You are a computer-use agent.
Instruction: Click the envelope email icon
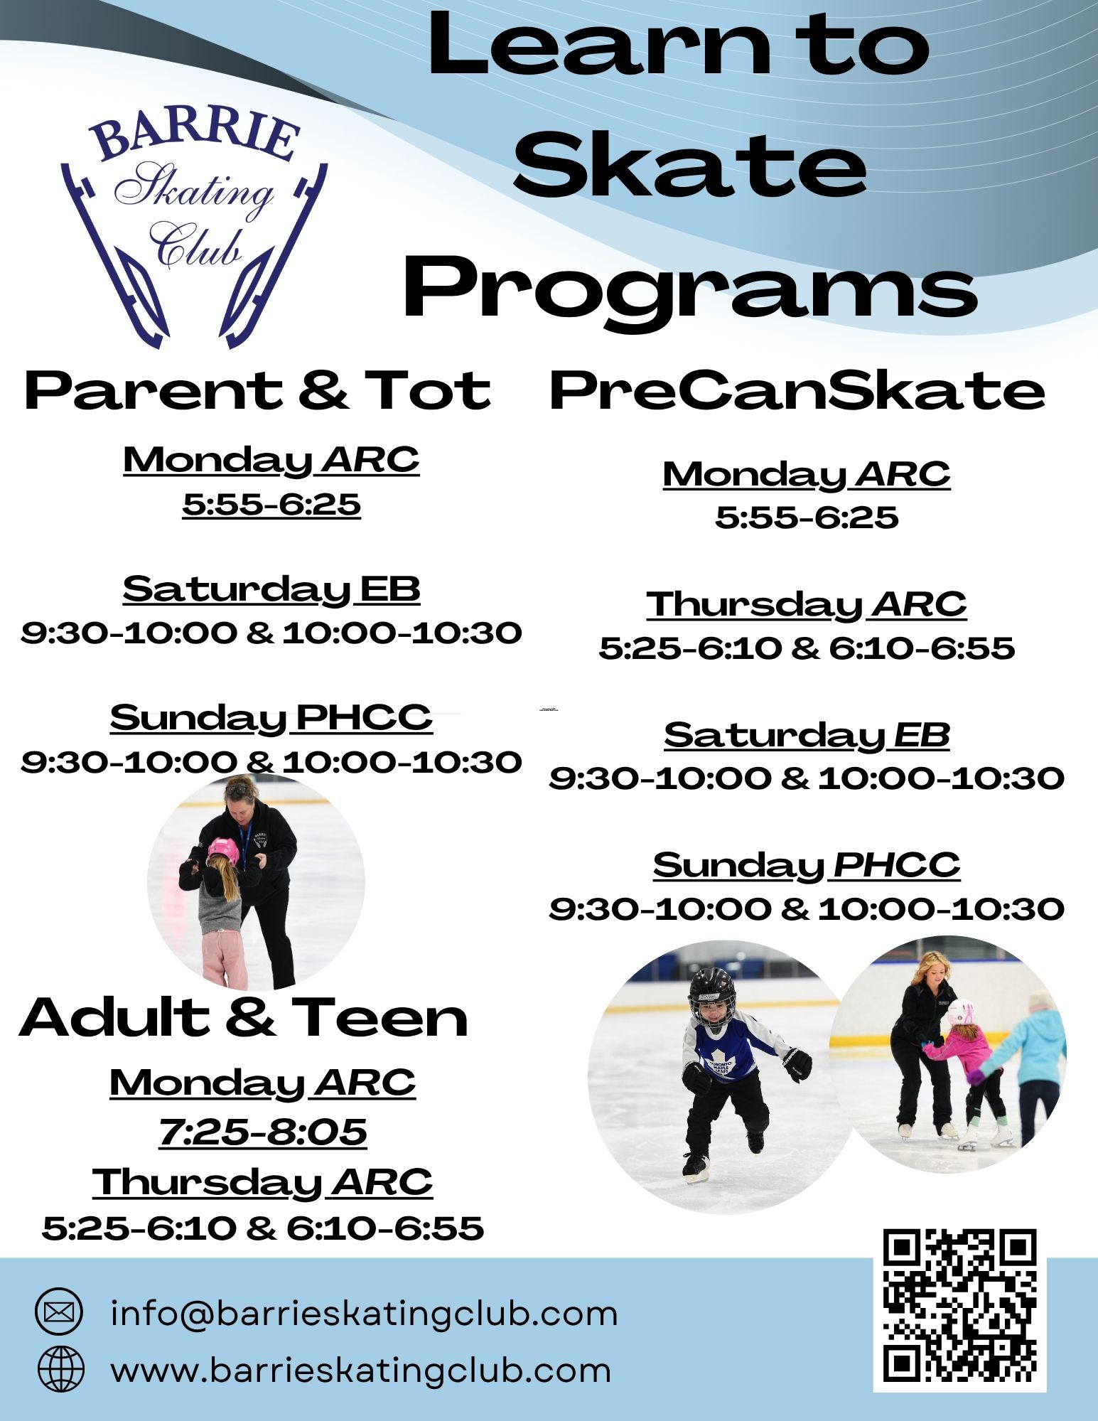click(60, 1312)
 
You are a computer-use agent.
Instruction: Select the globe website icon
click(60, 1368)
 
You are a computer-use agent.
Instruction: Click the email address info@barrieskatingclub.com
click(364, 1312)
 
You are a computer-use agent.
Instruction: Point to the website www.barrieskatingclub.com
click(361, 1369)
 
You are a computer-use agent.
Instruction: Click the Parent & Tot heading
click(257, 391)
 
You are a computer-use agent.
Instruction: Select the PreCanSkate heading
click(797, 391)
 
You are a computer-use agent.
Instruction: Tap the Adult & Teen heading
click(244, 1017)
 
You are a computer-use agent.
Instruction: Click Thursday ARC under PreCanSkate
click(807, 605)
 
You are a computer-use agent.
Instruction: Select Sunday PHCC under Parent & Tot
click(271, 717)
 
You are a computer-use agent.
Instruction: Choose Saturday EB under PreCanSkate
click(807, 735)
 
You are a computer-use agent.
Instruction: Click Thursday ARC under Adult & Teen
click(262, 1181)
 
